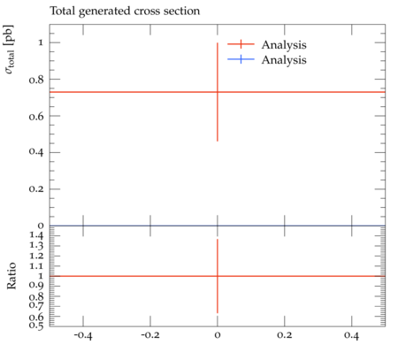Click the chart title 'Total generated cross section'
click(x=125, y=11)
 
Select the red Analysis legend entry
click(x=267, y=44)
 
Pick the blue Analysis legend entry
click(x=267, y=59)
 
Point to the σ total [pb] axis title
click(x=9, y=50)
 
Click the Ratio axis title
click(x=11, y=276)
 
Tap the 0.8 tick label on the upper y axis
click(x=36, y=80)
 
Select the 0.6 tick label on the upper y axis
click(x=36, y=116)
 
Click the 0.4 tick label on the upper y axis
click(x=36, y=152)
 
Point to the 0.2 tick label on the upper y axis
click(x=36, y=189)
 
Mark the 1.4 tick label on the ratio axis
click(x=36, y=236)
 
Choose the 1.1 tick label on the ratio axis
click(x=36, y=266)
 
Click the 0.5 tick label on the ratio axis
click(x=36, y=326)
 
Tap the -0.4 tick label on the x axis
click(x=83, y=335)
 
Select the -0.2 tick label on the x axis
click(x=150, y=335)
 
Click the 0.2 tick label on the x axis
click(x=285, y=335)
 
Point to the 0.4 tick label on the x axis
click(x=352, y=335)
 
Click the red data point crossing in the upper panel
click(x=218, y=92)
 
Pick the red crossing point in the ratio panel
click(x=218, y=276)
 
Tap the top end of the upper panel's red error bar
click(x=218, y=42)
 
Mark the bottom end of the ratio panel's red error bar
click(x=218, y=313)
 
